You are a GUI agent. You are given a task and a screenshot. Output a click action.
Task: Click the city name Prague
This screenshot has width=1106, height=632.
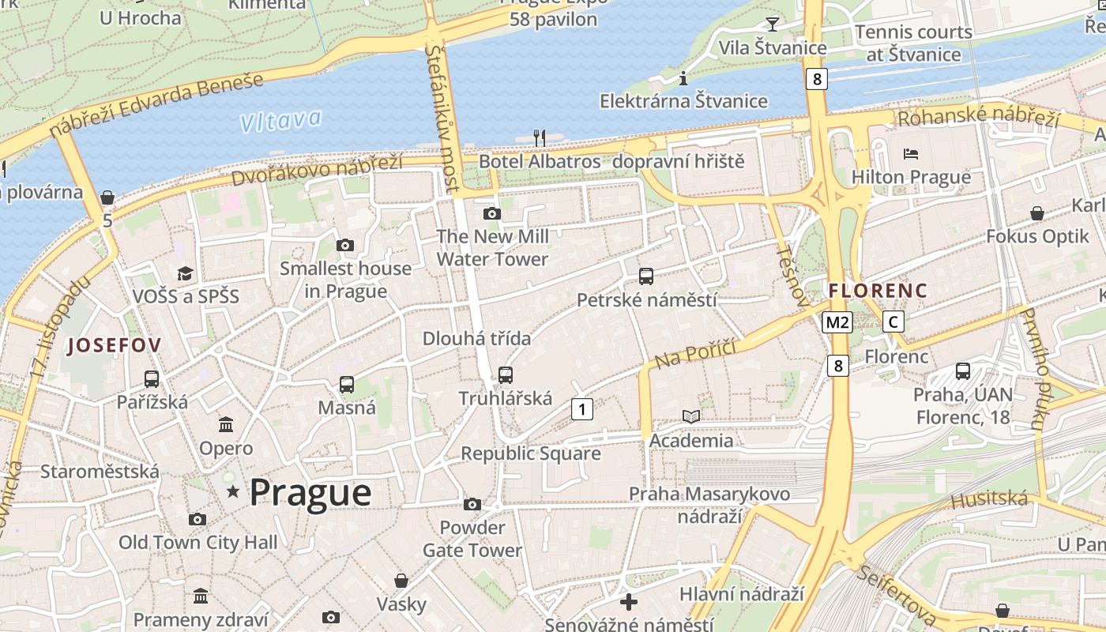tap(310, 492)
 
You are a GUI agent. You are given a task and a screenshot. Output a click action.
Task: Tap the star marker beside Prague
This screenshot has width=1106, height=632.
tap(233, 491)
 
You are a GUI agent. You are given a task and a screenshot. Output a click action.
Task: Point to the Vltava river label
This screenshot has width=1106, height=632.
tap(281, 121)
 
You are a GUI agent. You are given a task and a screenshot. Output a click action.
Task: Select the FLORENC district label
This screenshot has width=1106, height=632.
tap(878, 291)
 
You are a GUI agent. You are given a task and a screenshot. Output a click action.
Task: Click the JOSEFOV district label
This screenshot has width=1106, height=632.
tap(115, 344)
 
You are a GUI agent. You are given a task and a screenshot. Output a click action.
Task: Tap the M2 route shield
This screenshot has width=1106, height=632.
tap(837, 322)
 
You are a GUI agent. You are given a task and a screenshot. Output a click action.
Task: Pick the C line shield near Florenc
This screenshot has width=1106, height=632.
tap(893, 322)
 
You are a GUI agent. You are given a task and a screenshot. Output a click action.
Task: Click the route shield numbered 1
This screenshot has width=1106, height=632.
tap(581, 409)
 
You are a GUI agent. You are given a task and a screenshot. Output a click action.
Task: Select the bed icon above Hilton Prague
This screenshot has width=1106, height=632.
tap(911, 153)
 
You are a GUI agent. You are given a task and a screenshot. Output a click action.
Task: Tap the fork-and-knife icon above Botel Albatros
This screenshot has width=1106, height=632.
tap(540, 138)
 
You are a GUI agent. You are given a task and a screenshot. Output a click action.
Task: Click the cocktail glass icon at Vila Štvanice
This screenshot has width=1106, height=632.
tap(773, 24)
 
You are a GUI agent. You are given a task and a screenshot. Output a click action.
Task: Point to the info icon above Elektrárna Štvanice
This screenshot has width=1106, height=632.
tap(683, 78)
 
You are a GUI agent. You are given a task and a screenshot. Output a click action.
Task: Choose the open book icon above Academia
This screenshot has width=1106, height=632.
tap(691, 416)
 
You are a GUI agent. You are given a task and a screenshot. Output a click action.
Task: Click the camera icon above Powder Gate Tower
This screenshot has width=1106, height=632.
tap(472, 504)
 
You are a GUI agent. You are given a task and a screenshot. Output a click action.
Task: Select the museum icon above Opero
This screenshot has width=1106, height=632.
tap(226, 425)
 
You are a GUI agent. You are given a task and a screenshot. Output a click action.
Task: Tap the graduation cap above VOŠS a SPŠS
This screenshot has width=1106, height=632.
tap(185, 273)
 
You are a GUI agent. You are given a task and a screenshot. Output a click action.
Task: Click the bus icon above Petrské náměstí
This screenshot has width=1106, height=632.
tap(646, 276)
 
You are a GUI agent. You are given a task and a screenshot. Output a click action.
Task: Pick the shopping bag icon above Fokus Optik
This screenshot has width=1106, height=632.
tap(1036, 213)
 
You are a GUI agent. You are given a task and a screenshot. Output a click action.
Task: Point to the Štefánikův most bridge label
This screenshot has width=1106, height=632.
tap(442, 118)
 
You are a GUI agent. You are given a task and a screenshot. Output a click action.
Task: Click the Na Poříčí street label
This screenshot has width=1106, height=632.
tap(695, 354)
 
